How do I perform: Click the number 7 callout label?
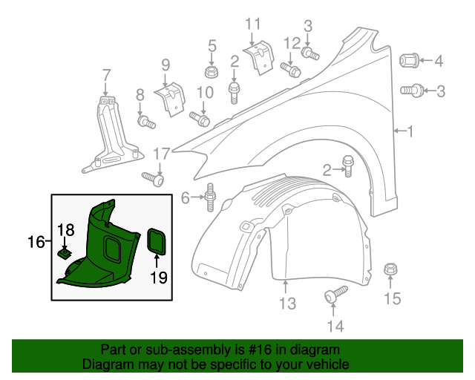tap(106, 74)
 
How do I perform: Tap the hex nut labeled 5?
tap(212, 72)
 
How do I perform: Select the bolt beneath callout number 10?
tap(200, 117)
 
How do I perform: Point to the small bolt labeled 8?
tap(145, 121)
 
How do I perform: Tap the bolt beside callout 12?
tap(290, 69)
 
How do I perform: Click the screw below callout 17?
tap(153, 179)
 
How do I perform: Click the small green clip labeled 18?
tap(65, 254)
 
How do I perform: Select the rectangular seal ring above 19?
tap(157, 240)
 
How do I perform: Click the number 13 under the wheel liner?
tap(287, 303)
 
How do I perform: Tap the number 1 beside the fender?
tap(411, 131)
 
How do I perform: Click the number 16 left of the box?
tap(36, 242)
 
